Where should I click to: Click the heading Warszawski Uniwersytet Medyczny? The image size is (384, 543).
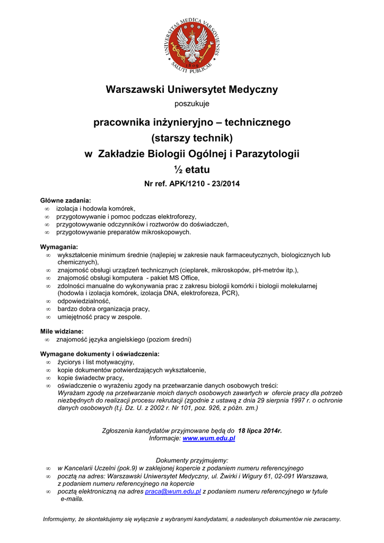pos(192,89)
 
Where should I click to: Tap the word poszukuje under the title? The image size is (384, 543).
pos(192,104)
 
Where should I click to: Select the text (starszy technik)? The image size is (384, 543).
pos(192,138)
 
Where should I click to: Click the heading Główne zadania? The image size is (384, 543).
pos(66,200)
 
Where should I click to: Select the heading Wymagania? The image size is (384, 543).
pos(59,247)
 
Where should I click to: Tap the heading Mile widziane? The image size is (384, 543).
pos(62,331)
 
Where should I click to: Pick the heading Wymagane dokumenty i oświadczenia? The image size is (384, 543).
pos(100,354)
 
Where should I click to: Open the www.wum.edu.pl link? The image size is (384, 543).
pos(209,439)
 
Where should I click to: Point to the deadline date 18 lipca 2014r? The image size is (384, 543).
pos(260,431)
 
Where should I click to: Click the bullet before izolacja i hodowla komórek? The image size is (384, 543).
pos(47,208)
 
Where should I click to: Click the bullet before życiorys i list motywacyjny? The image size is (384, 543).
pos(48,362)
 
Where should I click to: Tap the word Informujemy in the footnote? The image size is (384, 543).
pos(61,519)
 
